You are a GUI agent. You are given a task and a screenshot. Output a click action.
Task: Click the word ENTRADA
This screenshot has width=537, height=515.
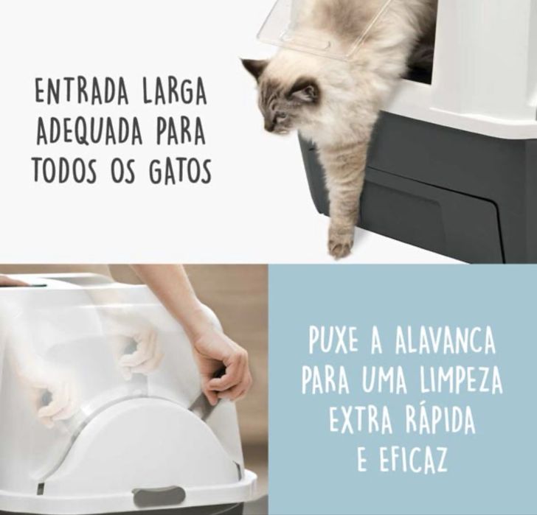pyautogui.click(x=82, y=91)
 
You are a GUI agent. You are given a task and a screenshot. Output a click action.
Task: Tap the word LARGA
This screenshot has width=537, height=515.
pyautogui.click(x=175, y=91)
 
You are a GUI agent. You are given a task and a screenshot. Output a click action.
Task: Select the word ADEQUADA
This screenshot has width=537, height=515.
pyautogui.click(x=89, y=131)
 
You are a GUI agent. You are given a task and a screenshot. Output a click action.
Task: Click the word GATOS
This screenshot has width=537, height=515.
pyautogui.click(x=180, y=170)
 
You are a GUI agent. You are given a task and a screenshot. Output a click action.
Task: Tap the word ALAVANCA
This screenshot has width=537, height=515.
pyautogui.click(x=445, y=341)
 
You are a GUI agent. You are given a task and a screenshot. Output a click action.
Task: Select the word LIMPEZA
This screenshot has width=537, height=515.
pyautogui.click(x=460, y=380)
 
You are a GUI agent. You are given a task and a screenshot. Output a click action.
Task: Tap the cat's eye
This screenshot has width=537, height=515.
pyautogui.click(x=281, y=116)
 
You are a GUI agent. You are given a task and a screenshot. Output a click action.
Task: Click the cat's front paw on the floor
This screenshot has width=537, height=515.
pyautogui.click(x=339, y=245)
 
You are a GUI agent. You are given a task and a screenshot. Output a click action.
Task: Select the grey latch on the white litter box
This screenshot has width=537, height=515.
pyautogui.click(x=159, y=497)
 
